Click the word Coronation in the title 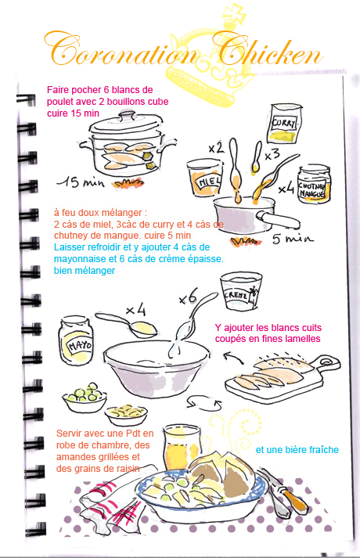121,50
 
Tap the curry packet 285,123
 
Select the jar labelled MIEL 204,178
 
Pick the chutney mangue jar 314,185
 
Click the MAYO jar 77,340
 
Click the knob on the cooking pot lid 128,115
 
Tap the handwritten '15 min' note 81,182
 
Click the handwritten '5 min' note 293,238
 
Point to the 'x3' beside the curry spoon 272,155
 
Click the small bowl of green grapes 85,398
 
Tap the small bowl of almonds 126,415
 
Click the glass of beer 181,448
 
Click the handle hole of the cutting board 326,362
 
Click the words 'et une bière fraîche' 297,450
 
